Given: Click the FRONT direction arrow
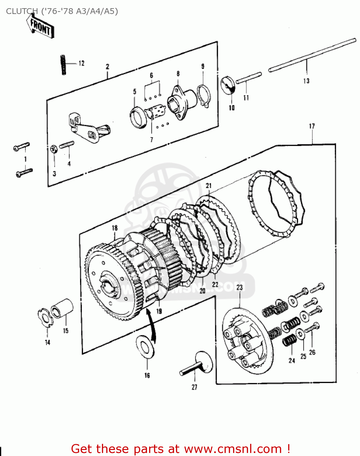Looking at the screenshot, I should point(40,27).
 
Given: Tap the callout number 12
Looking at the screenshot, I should point(81,63).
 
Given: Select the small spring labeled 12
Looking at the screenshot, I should point(63,64).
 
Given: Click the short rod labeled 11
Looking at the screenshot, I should point(249,78).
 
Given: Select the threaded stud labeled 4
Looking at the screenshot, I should point(67,145).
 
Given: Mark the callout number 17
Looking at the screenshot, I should point(312,126).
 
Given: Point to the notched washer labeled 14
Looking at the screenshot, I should point(45,317).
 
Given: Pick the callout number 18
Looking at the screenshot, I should point(115,228).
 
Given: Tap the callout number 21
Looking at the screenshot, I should point(208,185).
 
